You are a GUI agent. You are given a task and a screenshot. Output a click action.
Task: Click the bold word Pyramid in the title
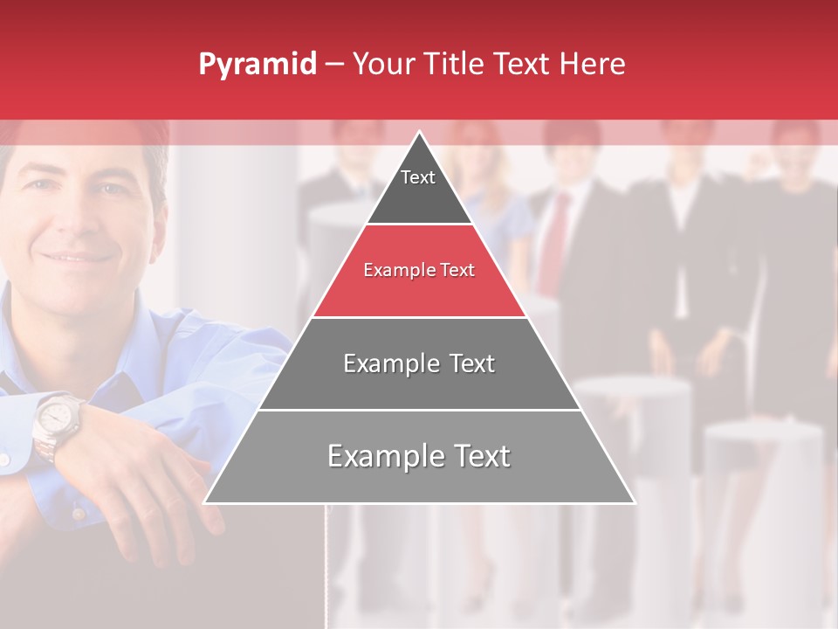coord(258,65)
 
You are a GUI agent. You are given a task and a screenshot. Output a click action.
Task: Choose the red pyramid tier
coord(419,271)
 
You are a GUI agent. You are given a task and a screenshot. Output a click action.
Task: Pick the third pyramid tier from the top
coord(419,363)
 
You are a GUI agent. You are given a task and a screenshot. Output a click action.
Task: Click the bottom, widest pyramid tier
coord(419,457)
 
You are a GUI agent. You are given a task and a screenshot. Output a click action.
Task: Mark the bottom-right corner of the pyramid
coord(634,502)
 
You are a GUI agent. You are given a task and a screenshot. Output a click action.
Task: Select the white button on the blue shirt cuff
coord(7,458)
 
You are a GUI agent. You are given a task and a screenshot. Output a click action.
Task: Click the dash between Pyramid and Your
coord(333,65)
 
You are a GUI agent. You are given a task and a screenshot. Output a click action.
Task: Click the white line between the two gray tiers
coord(419,410)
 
